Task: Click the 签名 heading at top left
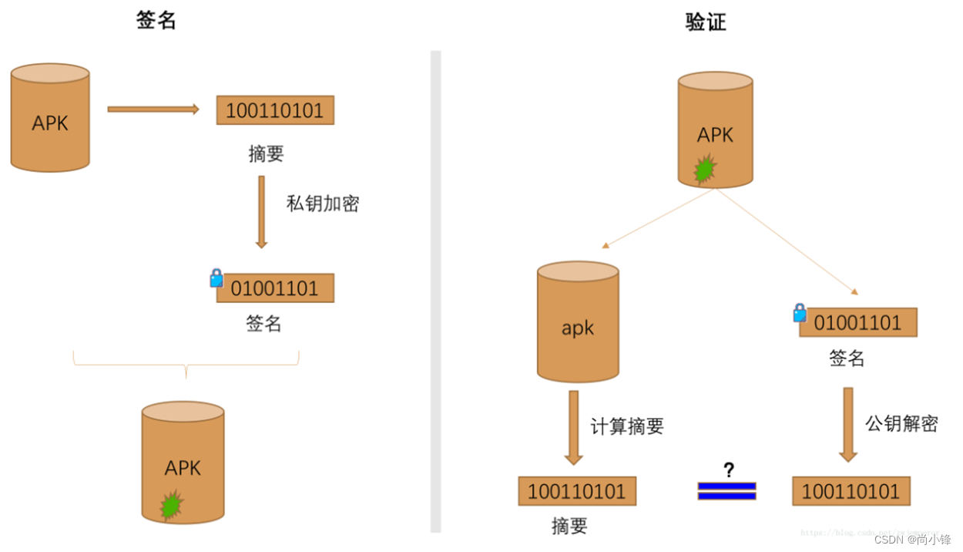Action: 156,20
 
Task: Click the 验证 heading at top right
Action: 706,22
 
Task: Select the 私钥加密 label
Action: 323,204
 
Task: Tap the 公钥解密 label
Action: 901,423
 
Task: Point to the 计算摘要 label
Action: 627,426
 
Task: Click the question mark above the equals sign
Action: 728,470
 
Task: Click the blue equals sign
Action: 726,491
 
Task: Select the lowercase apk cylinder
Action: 578,322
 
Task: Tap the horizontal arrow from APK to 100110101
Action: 153,109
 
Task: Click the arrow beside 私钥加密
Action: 261,211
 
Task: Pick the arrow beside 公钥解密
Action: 847,424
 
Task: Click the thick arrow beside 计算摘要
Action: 573,427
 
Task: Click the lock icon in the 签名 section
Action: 216,278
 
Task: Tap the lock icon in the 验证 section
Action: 800,312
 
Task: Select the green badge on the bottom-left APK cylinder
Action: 171,505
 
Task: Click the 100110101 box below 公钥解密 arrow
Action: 851,491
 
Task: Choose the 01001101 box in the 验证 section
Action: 857,322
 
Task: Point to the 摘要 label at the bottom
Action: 569,527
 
